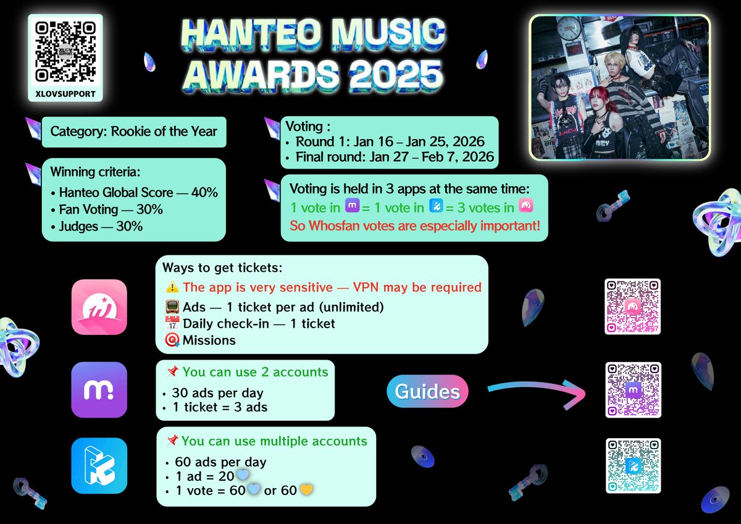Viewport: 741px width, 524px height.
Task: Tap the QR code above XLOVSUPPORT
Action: click(65, 52)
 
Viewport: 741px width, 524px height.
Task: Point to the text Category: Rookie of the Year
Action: click(133, 131)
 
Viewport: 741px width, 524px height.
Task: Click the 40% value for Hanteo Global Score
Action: click(204, 192)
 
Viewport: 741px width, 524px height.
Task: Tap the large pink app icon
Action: click(99, 307)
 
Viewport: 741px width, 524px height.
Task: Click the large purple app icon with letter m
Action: click(99, 390)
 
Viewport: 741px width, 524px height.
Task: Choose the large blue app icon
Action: click(99, 466)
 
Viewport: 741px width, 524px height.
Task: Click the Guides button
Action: click(427, 391)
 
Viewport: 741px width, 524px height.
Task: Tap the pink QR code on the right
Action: click(633, 306)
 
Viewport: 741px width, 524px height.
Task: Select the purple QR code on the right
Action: click(633, 390)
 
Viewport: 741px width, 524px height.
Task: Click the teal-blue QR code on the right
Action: click(633, 466)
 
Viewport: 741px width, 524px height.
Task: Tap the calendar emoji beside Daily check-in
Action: click(172, 324)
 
